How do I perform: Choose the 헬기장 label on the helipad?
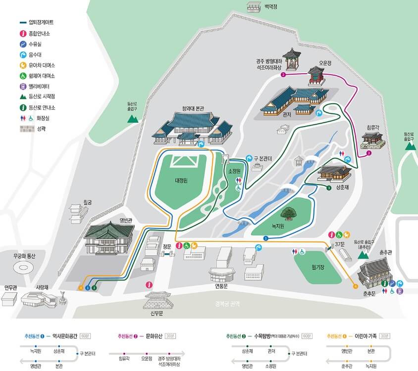(x=317, y=267)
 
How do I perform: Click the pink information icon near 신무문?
(x=149, y=285)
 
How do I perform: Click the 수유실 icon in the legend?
(x=23, y=44)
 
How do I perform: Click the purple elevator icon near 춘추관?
(x=400, y=291)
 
